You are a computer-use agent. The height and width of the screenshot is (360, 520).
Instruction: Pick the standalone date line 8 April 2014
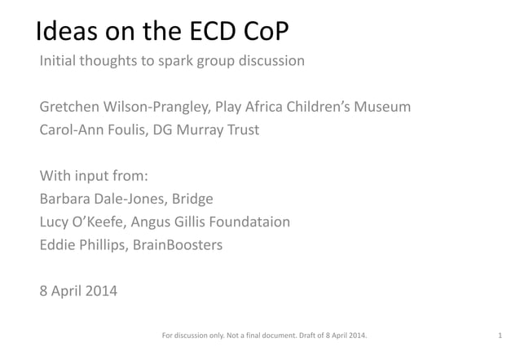click(78, 289)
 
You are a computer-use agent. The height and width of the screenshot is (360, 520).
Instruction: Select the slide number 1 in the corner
click(499, 335)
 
